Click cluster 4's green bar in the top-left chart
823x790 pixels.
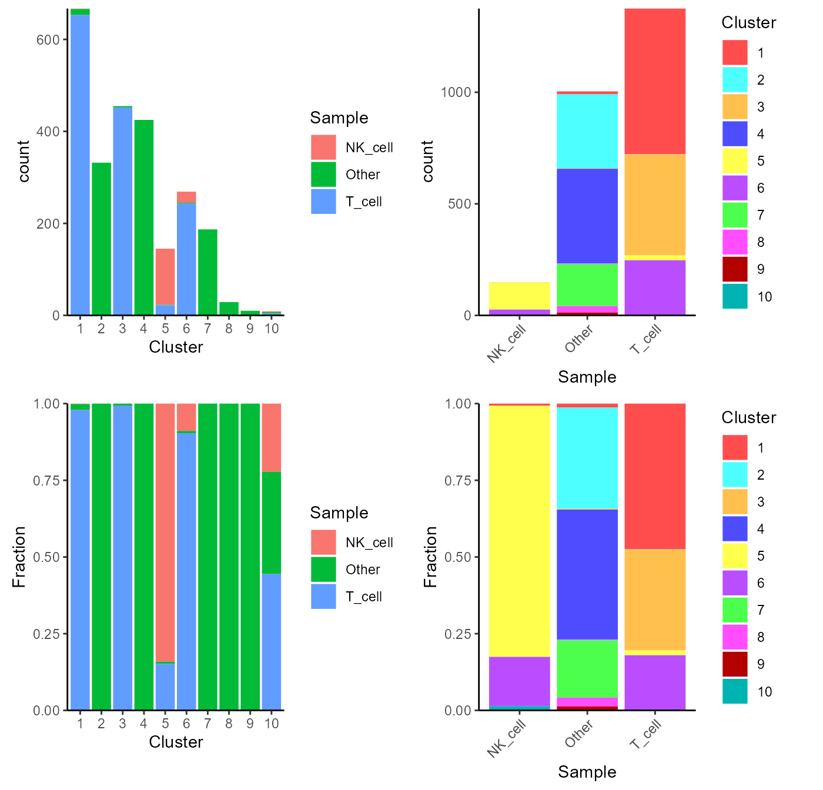(143, 217)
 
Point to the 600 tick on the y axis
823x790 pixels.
(48, 39)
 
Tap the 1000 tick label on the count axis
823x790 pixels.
(456, 92)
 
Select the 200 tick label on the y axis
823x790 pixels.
(48, 224)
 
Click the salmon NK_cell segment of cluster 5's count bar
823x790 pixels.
(165, 276)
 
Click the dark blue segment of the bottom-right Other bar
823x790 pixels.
(587, 574)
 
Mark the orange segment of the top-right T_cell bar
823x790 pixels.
(655, 205)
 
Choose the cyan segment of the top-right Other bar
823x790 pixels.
(587, 130)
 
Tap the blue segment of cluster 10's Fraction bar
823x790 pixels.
(272, 641)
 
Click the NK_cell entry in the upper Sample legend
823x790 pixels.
(369, 148)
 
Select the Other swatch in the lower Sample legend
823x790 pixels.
(323, 570)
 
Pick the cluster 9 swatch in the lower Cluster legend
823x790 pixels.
(735, 664)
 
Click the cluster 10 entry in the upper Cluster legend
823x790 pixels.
(764, 297)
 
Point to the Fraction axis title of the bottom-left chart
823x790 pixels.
(19, 557)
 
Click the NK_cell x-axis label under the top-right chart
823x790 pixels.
(507, 344)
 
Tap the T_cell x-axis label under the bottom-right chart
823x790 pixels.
(646, 735)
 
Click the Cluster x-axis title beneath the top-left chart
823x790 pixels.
(176, 347)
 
